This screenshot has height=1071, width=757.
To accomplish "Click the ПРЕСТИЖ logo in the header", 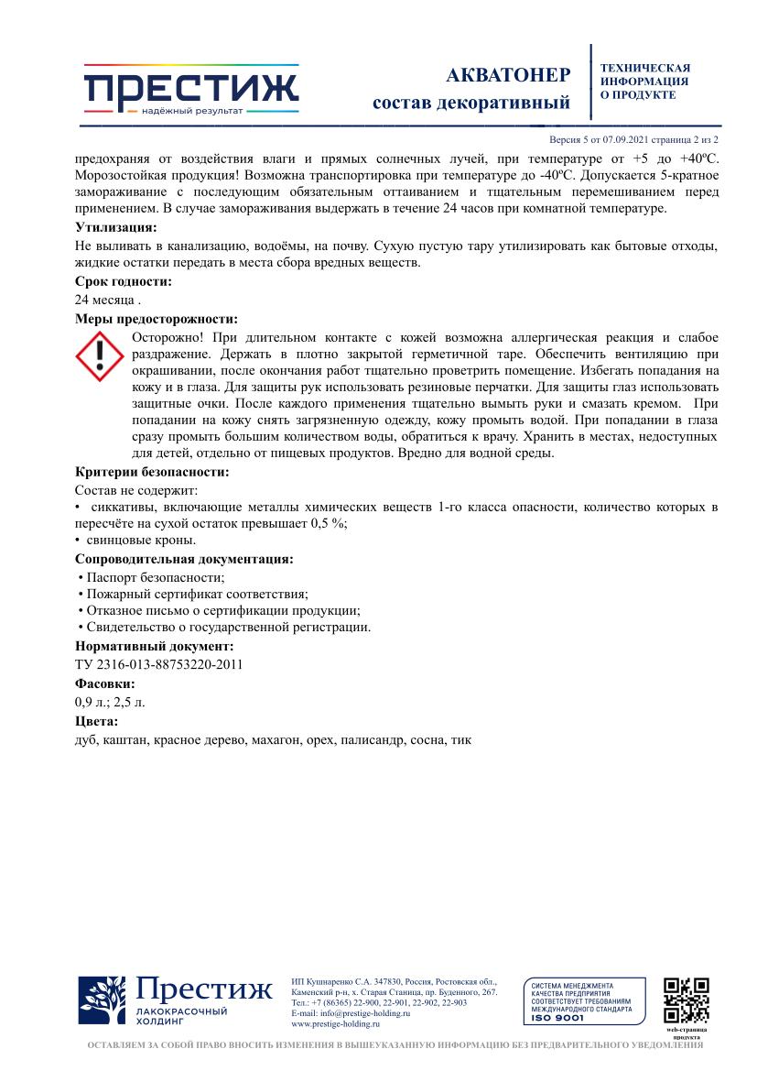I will pos(191,90).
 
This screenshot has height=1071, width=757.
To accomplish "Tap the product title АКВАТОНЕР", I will pos(508,75).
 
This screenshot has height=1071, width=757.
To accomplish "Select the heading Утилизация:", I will pos(115,227).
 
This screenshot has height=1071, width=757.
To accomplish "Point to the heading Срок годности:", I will pos(123,282).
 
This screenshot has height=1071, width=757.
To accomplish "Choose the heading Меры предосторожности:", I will pos(157,319).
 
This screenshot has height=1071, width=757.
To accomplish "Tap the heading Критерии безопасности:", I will pos(152,472).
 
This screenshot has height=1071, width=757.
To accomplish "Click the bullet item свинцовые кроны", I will pos(141,541).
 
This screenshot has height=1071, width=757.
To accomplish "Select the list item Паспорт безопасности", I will pos(155,577).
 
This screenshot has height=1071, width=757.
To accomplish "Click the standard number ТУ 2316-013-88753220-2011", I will pos(158,665).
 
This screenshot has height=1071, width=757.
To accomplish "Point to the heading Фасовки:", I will pos(105,683).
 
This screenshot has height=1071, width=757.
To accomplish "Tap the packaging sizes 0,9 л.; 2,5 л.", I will pos(110,702).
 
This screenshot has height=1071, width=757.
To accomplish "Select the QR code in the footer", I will pos(687,1000).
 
